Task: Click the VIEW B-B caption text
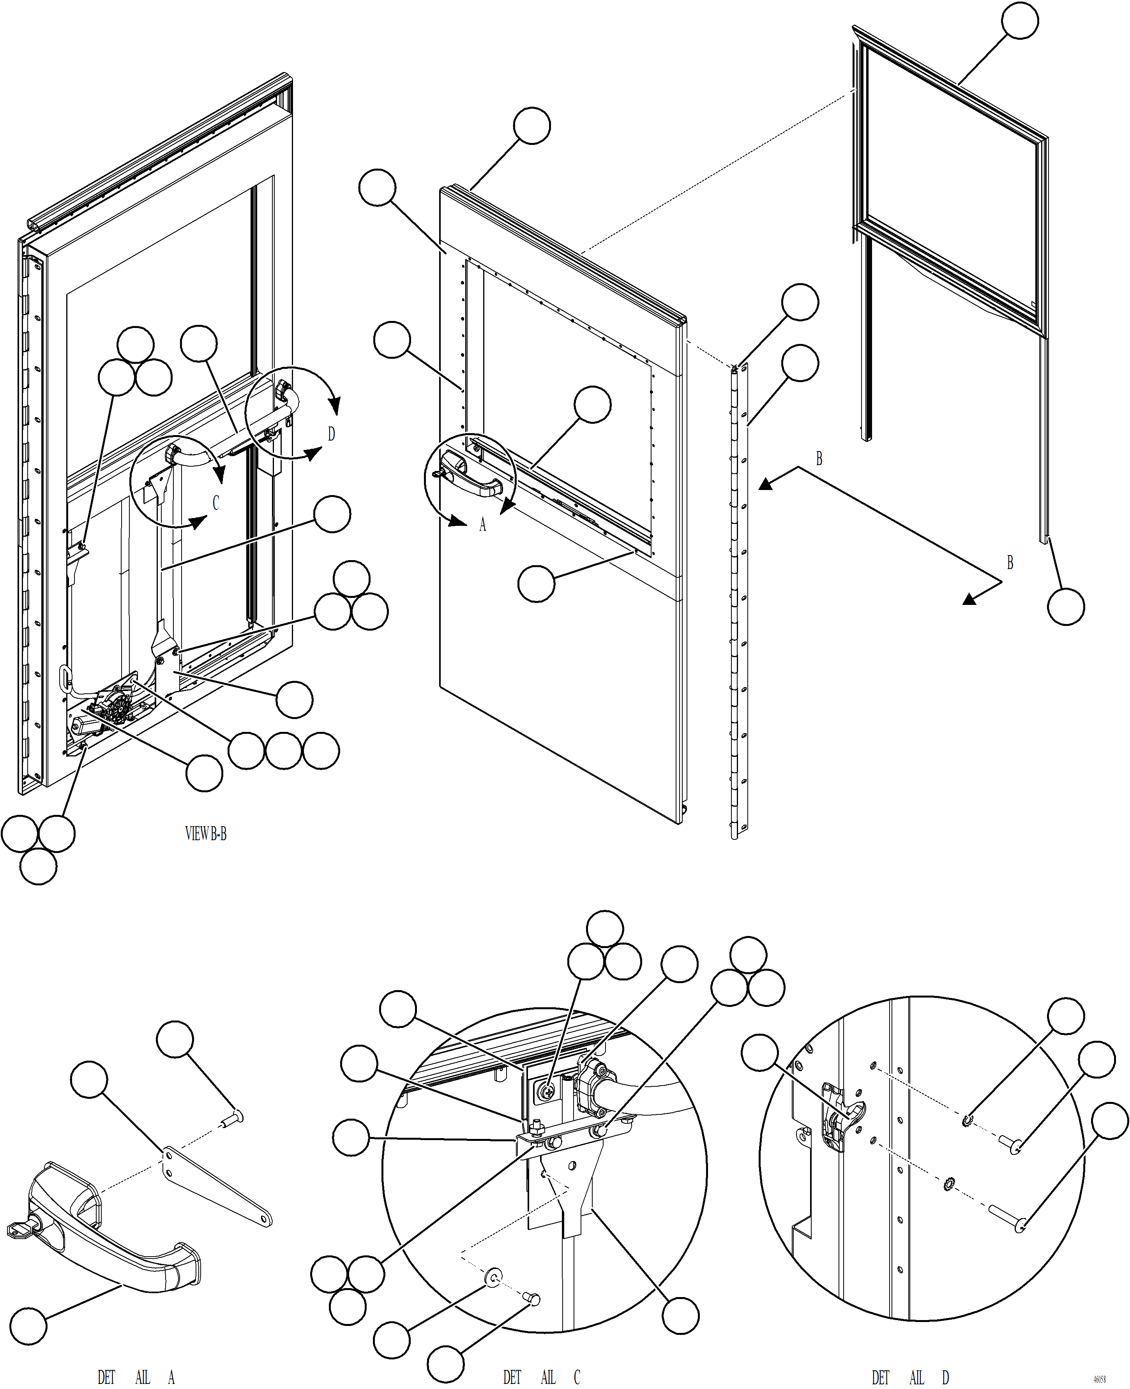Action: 206,834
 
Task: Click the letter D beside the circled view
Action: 331,434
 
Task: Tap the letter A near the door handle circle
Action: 482,525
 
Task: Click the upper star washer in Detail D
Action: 967,1120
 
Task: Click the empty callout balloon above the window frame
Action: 1019,21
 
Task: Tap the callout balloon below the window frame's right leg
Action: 1066,607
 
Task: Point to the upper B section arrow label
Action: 819,459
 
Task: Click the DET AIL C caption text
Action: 541,1377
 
